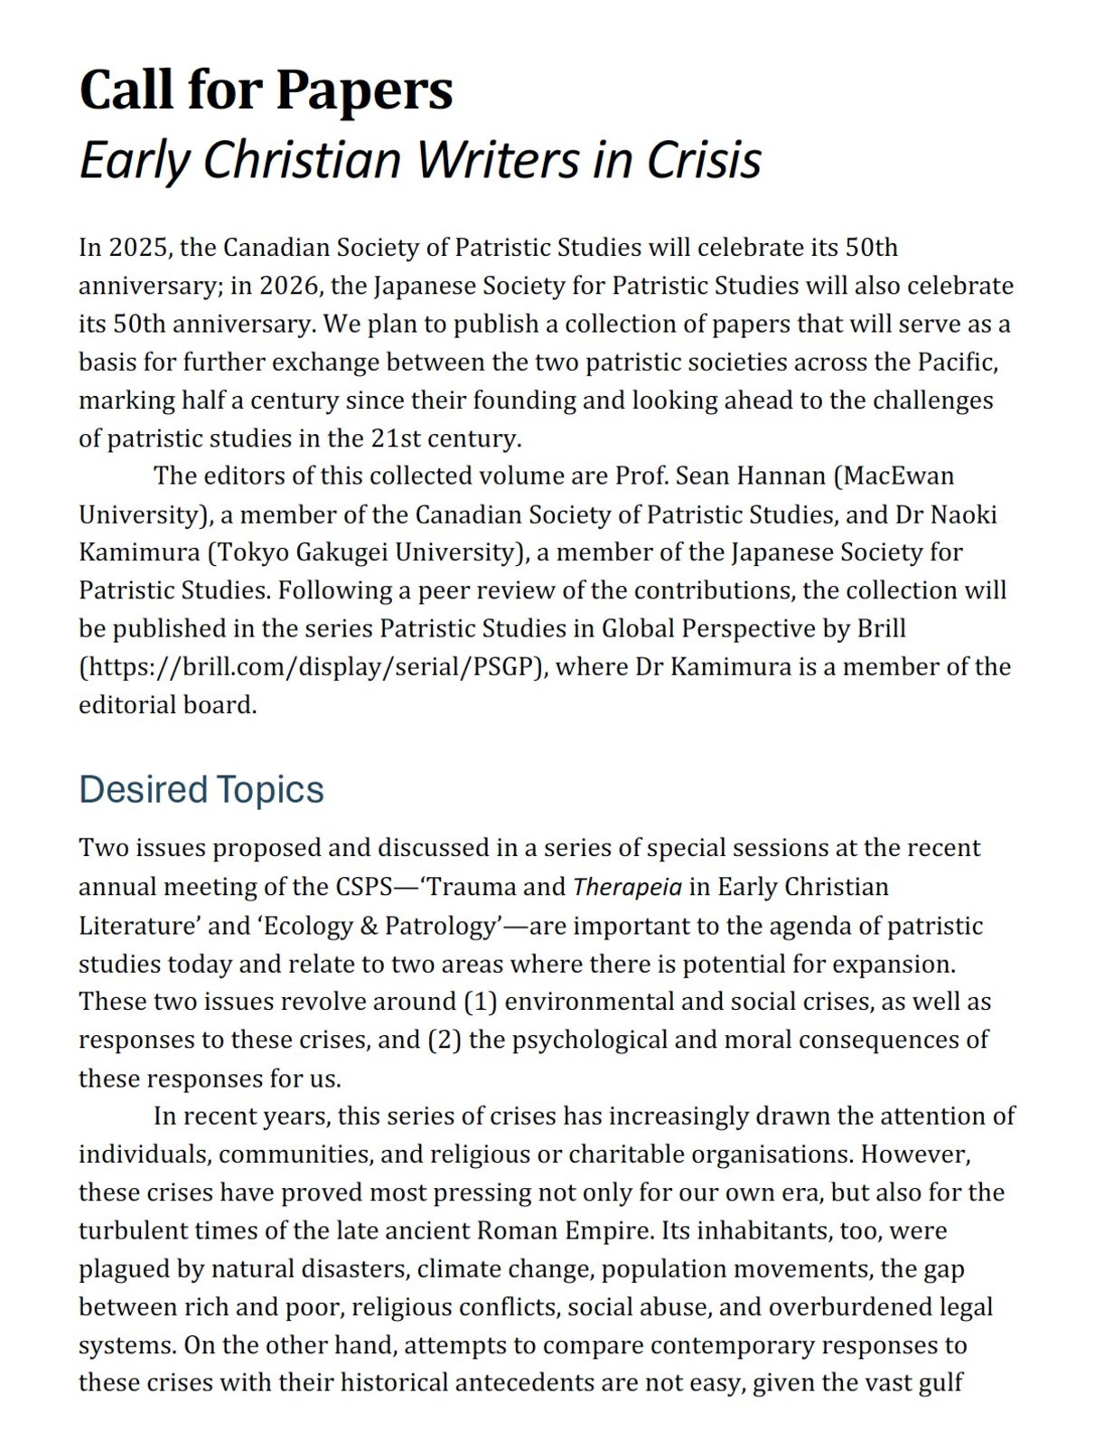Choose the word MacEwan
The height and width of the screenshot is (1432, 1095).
[900, 476]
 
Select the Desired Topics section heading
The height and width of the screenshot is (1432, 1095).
[201, 789]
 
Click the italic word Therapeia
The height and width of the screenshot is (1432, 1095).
[627, 887]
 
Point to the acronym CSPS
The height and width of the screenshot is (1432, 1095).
[365, 887]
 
